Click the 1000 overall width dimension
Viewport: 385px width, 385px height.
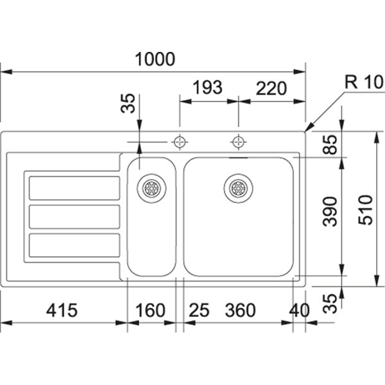coord(155,59)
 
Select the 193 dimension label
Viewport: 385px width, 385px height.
coord(207,89)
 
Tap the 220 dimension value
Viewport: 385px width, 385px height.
coord(270,89)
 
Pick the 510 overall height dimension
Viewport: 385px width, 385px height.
coord(365,210)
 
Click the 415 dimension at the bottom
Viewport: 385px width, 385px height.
coord(62,311)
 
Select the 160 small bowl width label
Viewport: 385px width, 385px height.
coord(151,311)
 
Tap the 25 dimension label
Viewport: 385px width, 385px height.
coord(200,311)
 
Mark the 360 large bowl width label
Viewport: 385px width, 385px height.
coord(241,311)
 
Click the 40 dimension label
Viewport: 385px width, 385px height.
coord(299,311)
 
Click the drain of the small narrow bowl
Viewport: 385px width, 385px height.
coord(152,187)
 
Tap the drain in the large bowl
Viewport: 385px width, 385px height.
coord(238,187)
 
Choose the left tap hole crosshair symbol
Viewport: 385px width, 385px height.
coord(180,141)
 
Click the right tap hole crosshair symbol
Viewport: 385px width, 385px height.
coord(238,141)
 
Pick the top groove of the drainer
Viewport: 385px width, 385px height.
coord(74,187)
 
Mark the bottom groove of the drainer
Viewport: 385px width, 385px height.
coord(74,245)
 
